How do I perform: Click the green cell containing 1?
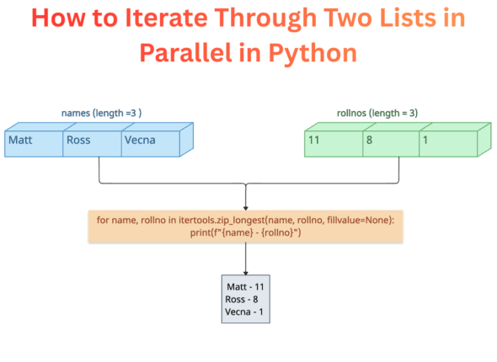point(448,141)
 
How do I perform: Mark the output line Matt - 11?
point(245,286)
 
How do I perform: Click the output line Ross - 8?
point(243,299)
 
